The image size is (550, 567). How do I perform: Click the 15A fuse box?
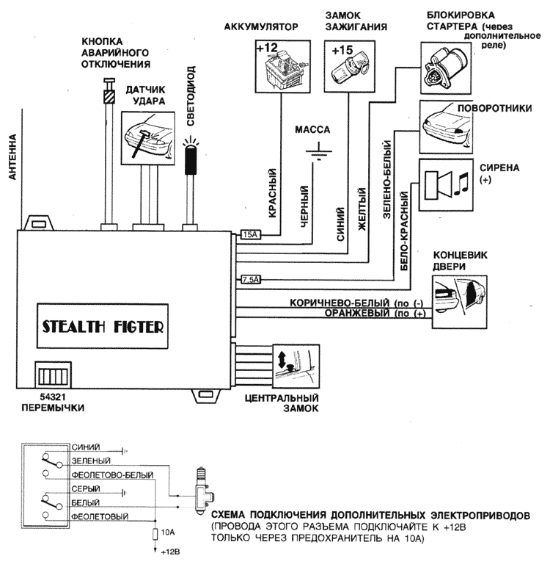(x=250, y=235)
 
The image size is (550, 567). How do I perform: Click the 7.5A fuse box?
(x=251, y=279)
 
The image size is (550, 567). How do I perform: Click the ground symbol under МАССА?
(x=318, y=155)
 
